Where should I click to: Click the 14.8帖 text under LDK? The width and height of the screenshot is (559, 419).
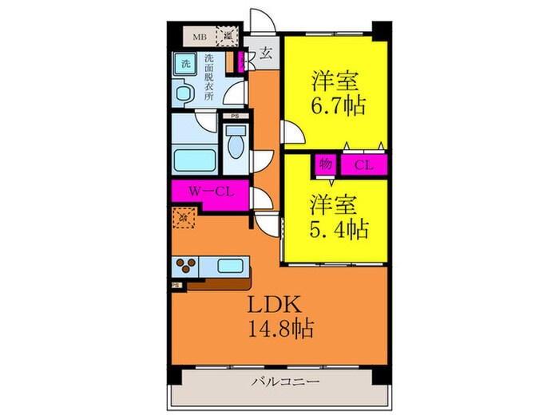pos(279,327)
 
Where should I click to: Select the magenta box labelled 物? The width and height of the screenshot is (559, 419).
pos(325,164)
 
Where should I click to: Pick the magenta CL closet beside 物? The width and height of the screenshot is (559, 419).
pos(363,164)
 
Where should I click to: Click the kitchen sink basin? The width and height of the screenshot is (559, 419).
pos(231,267)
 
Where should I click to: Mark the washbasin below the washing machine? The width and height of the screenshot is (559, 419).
pos(183,97)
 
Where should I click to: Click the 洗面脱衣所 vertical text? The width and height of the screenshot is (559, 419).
pos(209,77)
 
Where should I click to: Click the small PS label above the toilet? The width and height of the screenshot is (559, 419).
pos(234,117)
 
